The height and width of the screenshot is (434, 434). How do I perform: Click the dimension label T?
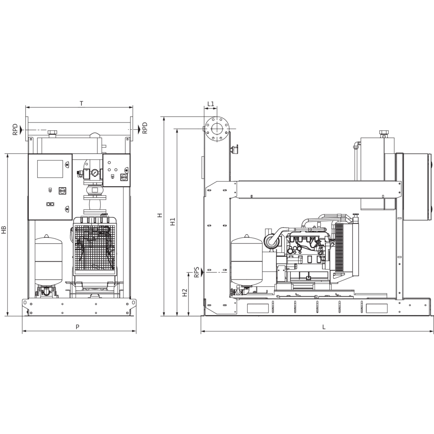(x=82, y=103)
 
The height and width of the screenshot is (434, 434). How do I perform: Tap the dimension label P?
(x=78, y=327)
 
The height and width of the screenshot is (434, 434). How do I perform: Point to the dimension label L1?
(x=211, y=103)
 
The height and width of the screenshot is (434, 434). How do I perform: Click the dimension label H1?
(x=173, y=221)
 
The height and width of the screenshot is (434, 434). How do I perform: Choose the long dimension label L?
(x=324, y=327)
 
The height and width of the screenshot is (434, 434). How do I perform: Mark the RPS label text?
(x=196, y=272)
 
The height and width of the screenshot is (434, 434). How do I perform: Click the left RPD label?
(x=15, y=129)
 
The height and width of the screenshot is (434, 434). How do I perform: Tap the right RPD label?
(x=145, y=128)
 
